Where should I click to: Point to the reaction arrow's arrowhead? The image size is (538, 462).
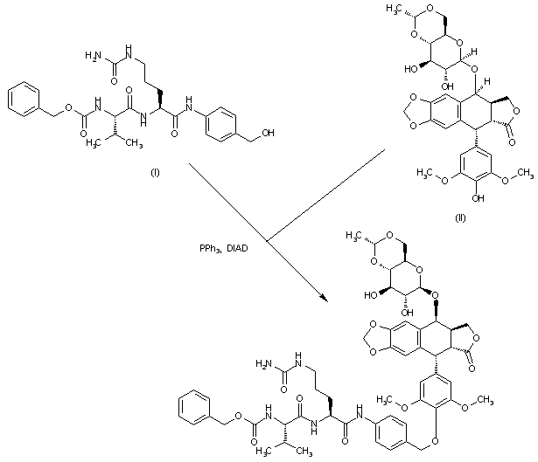pos(325,300)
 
